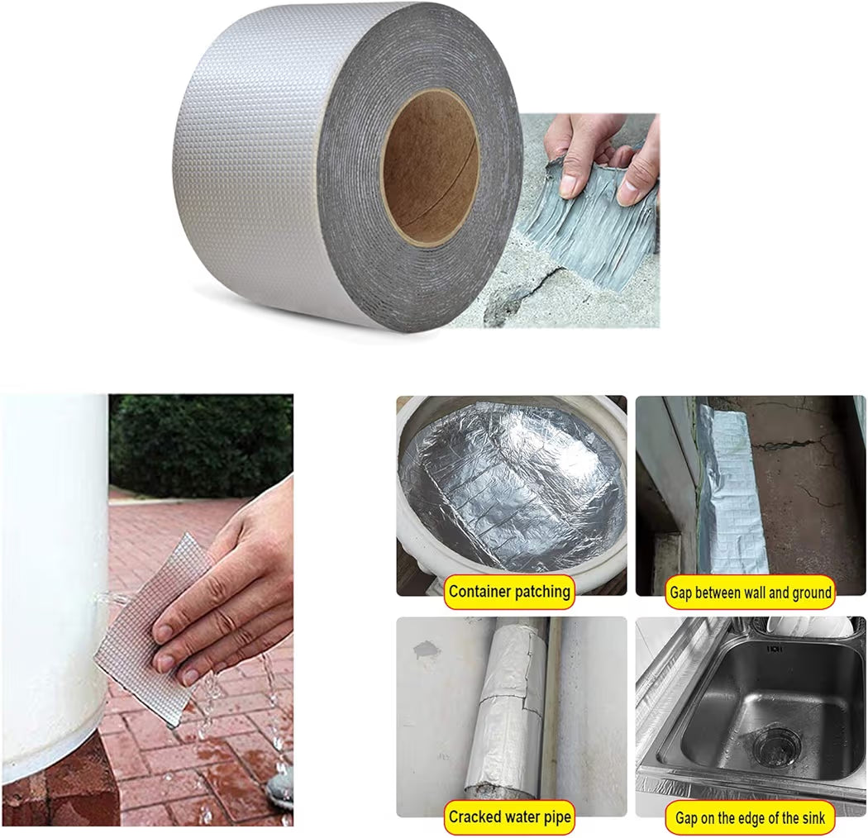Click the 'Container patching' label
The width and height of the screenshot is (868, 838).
[509, 591]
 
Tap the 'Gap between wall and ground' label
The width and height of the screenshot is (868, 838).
[749, 592]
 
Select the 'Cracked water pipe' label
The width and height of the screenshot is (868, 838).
[509, 817]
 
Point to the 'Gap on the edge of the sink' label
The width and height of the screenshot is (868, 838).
[749, 818]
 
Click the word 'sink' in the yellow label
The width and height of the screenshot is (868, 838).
[808, 818]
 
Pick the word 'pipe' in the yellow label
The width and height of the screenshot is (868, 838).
[554, 818]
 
